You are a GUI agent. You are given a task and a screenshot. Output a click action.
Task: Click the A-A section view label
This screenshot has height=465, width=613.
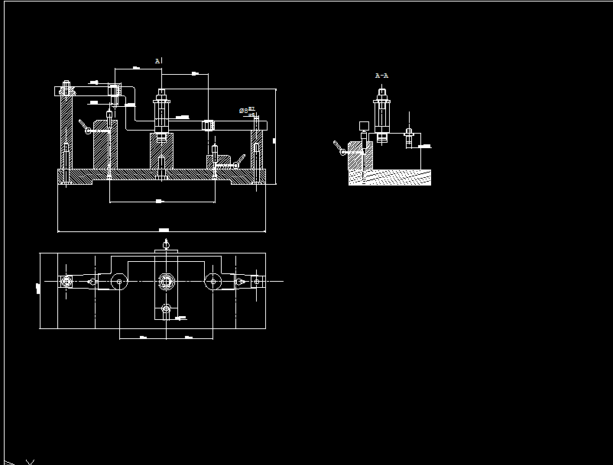click(382, 76)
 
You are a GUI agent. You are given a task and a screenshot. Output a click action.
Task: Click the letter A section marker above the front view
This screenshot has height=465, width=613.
click(157, 60)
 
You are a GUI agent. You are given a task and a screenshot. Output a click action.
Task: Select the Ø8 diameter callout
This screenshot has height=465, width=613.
click(244, 111)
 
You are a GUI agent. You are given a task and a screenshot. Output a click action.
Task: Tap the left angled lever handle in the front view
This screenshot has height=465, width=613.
click(85, 126)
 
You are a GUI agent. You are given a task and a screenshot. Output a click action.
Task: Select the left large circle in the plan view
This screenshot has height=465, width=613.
click(119, 282)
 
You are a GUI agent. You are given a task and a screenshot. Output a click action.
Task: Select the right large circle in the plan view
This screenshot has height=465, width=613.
click(213, 282)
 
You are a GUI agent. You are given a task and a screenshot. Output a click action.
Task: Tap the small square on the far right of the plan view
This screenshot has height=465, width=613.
click(257, 282)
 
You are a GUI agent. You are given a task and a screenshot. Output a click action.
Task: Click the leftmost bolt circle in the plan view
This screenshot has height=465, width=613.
click(66, 282)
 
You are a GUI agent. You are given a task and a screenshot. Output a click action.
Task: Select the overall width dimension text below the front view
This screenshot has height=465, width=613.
click(163, 230)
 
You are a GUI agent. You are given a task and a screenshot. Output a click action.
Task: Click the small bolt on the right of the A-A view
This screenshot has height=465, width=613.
click(409, 137)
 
